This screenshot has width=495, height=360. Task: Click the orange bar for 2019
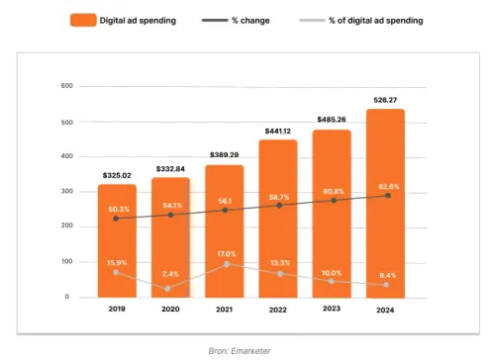tap(117, 242)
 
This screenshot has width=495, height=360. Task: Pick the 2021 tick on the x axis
tap(225, 309)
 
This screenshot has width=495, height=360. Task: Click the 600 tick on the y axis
tap(67, 86)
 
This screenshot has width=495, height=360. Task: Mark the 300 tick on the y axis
tap(67, 191)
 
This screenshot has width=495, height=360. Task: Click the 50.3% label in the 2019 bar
tap(118, 209)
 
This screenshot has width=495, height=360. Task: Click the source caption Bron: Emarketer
tap(247, 349)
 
